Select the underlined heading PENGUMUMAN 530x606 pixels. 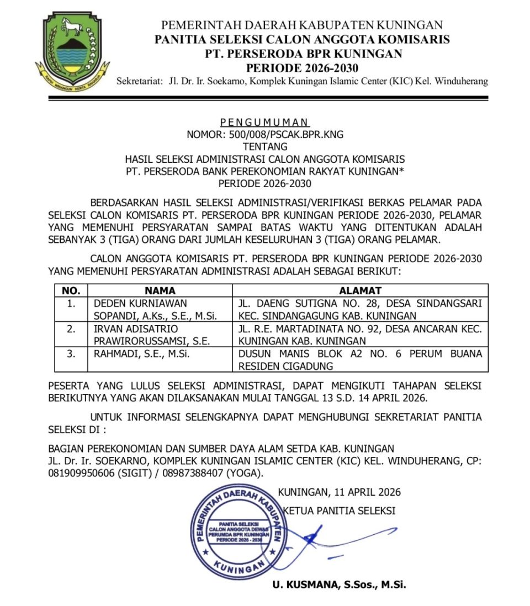(x=264, y=122)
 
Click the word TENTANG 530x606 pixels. (x=265, y=147)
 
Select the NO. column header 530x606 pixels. (x=71, y=290)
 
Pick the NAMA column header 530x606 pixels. (x=160, y=290)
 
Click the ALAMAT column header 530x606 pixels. (x=360, y=290)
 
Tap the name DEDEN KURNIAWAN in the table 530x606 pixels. (x=140, y=304)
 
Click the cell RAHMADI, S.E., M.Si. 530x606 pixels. (x=142, y=354)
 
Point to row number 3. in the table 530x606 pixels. (x=71, y=354)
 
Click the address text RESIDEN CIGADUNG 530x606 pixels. (x=285, y=366)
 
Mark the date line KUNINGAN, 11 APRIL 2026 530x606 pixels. (x=340, y=492)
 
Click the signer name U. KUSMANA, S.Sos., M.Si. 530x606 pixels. (x=339, y=584)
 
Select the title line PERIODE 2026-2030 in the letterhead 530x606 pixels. (x=302, y=68)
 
